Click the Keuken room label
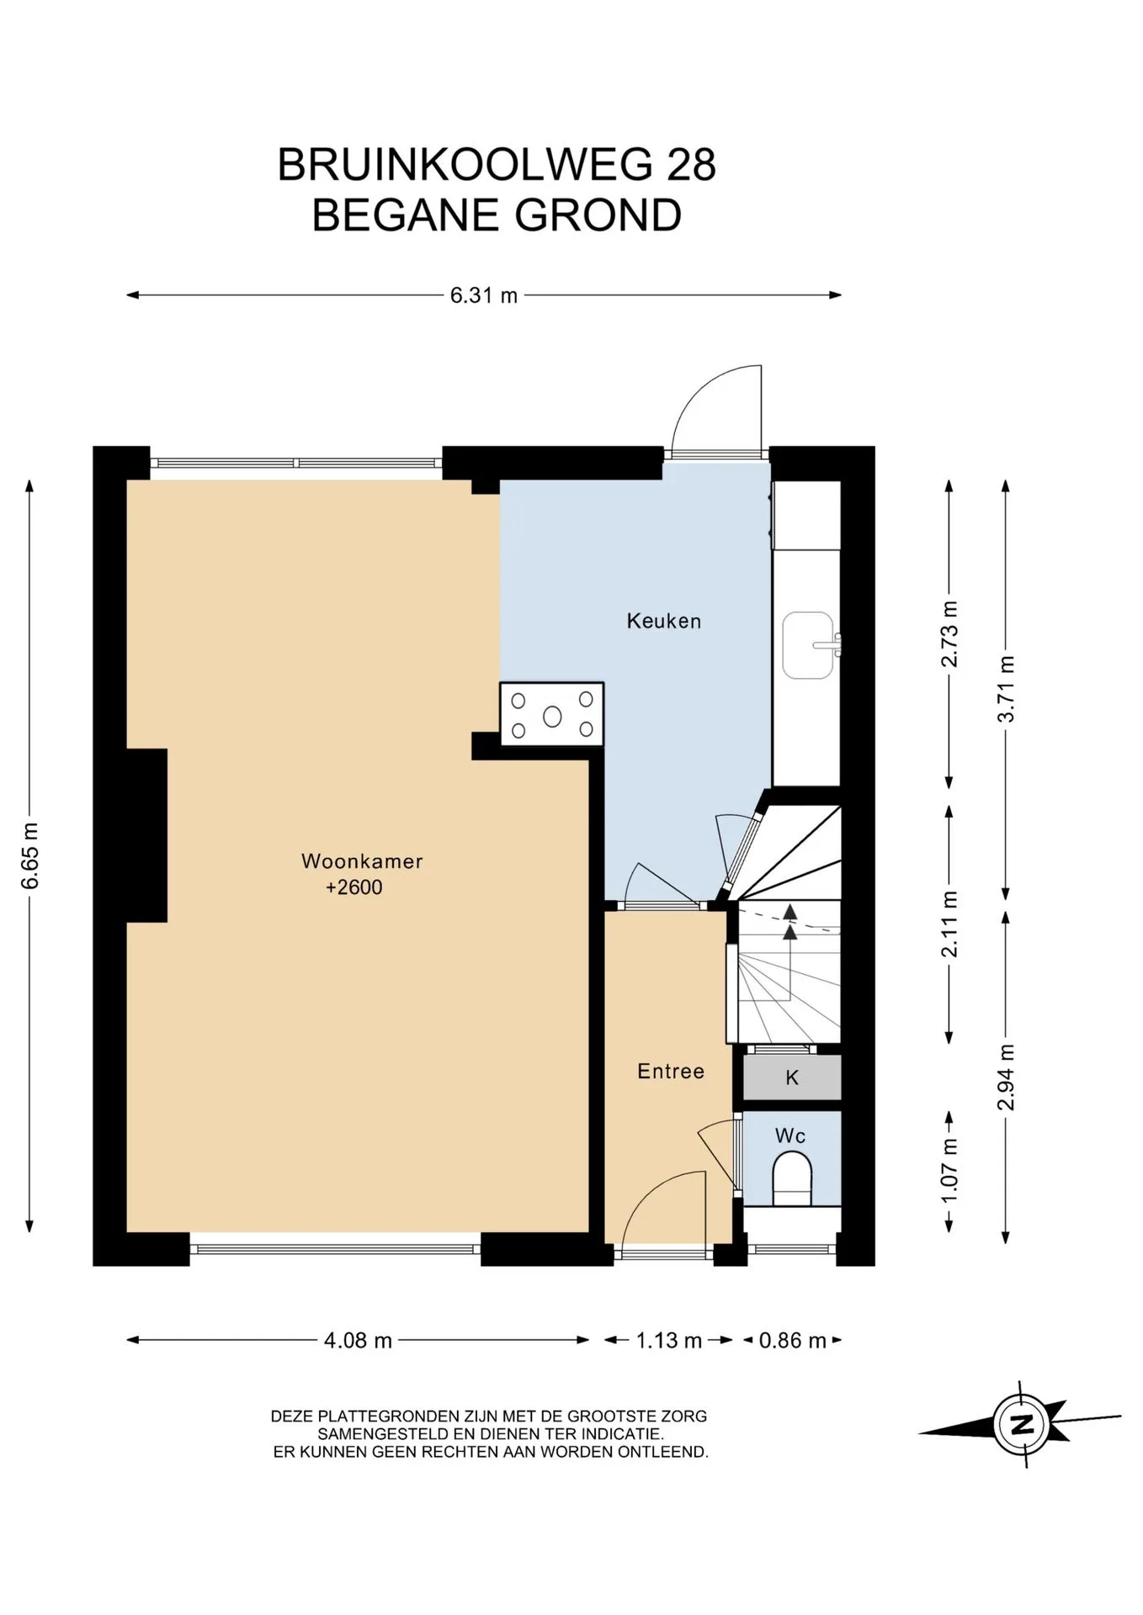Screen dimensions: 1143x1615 pyautogui.click(x=663, y=622)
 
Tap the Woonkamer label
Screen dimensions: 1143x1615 pyautogui.click(x=362, y=861)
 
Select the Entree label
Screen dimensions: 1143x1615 pyautogui.click(x=671, y=1072)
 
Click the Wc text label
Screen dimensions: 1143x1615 pyautogui.click(x=790, y=1136)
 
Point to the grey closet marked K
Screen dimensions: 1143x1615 pyautogui.click(x=792, y=1078)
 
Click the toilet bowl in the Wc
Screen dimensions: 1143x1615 pyautogui.click(x=792, y=1178)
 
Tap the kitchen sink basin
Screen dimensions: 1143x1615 pyautogui.click(x=808, y=645)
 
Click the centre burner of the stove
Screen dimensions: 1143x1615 pyautogui.click(x=552, y=716)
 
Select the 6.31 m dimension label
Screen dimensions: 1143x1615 pyautogui.click(x=484, y=295)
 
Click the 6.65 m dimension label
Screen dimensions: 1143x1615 pyautogui.click(x=30, y=855)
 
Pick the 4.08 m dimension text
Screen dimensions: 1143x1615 pyautogui.click(x=358, y=1340)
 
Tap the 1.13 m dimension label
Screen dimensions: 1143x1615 pyautogui.click(x=669, y=1340)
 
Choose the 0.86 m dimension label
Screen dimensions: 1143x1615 pyautogui.click(x=793, y=1340)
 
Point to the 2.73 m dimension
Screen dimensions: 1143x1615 pyautogui.click(x=949, y=634)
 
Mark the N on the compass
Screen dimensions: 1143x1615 pyautogui.click(x=1022, y=1425)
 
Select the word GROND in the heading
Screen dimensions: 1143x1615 pyautogui.click(x=598, y=215)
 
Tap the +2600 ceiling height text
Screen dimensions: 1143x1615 pyautogui.click(x=354, y=887)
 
